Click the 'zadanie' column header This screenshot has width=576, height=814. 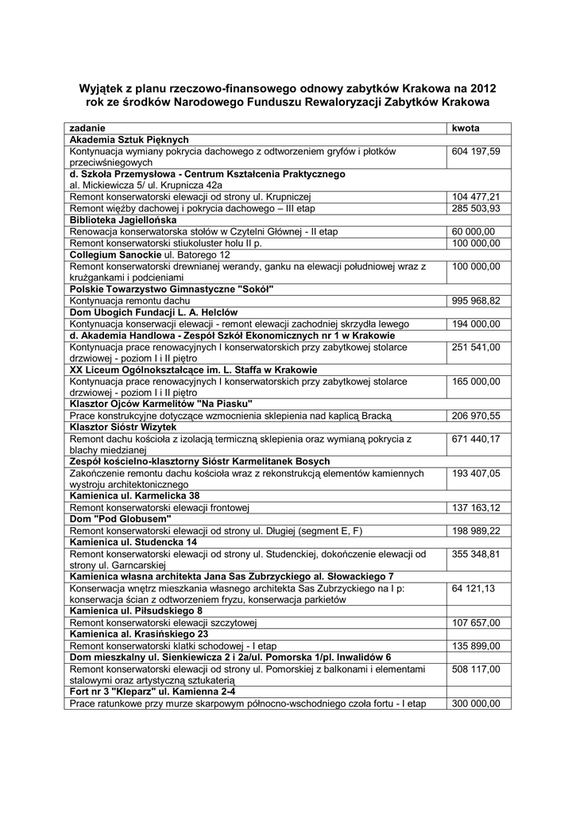[x=87, y=128]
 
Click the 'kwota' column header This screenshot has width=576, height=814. [x=466, y=128]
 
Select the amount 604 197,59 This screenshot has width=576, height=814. [x=476, y=151]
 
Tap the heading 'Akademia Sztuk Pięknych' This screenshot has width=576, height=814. [x=129, y=139]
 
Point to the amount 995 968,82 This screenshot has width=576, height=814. [x=476, y=301]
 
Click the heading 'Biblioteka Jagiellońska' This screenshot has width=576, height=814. [x=122, y=219]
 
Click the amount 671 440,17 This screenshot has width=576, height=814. [x=476, y=439]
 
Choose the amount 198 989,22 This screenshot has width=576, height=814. [x=476, y=531]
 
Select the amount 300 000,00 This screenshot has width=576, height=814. [x=476, y=704]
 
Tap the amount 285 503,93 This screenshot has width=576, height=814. [x=476, y=208]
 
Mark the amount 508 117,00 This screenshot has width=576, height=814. [x=476, y=669]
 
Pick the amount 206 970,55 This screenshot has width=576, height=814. [x=476, y=416]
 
